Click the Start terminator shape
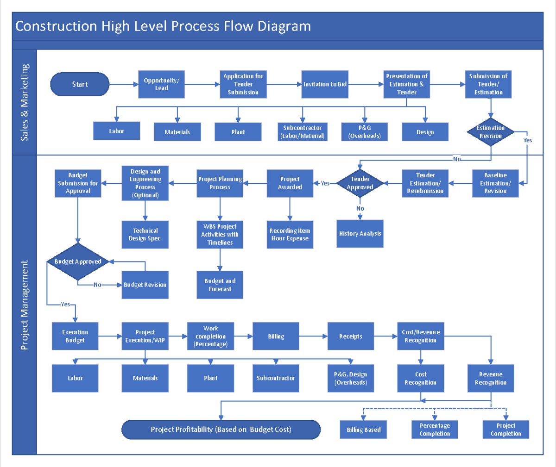point(80,84)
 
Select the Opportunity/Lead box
point(161,84)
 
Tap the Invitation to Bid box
point(325,84)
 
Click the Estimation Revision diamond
point(491,132)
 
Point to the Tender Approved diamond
point(360,183)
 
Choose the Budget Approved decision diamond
point(78,262)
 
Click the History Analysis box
point(360,234)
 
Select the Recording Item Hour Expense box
point(290,235)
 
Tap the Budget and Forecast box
point(220,285)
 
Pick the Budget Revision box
point(145,285)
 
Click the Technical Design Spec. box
point(145,235)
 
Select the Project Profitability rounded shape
point(221,430)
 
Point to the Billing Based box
point(364,430)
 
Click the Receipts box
point(351,336)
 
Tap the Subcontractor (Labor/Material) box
point(303,132)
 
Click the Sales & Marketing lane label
point(25,102)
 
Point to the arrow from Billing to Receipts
point(313,336)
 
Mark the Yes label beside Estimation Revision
point(528,140)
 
